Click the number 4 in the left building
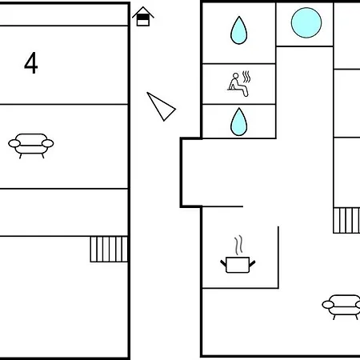pos(31,63)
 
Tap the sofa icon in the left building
pos(31,146)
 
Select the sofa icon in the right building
pos(342,306)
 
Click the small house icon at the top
pos(143,17)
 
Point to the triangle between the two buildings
pos(161,106)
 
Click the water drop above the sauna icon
pos(238,30)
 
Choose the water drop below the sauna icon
pos(238,122)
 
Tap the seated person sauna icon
pos(239,84)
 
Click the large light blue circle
pos(306,22)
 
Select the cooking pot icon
pos(238,265)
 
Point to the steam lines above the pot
pos(239,245)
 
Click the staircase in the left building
pos(109,250)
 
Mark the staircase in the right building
pos(346,221)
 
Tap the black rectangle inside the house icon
pos(143,17)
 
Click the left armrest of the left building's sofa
pos(14,143)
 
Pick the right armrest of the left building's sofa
pos(48,143)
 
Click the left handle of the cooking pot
pos(223,263)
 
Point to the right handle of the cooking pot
pos(252,263)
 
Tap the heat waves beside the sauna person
pos(246,77)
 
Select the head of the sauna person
pos(236,76)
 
